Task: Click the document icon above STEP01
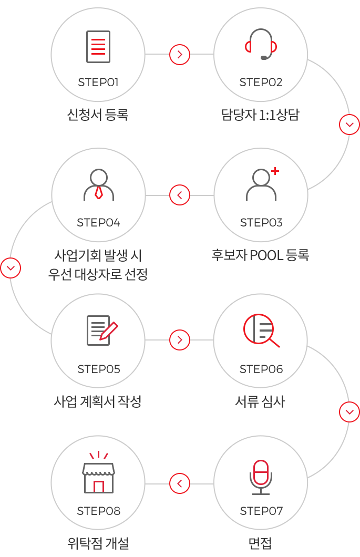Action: click(98, 47)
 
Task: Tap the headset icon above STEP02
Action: click(261, 44)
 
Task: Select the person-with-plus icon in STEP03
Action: click(262, 184)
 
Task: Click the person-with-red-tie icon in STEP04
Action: click(99, 184)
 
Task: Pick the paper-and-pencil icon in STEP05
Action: click(102, 331)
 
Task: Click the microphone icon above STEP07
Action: click(261, 477)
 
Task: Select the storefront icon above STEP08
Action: click(98, 472)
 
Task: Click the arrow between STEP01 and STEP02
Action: click(180, 54)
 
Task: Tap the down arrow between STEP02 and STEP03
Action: click(349, 125)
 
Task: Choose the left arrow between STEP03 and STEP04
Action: click(180, 195)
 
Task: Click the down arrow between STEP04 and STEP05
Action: click(11, 268)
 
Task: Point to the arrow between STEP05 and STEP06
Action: click(180, 340)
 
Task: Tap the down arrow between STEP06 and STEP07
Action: click(349, 412)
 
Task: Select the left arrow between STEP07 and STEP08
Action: click(180, 483)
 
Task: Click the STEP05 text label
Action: click(99, 369)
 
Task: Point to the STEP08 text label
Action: click(99, 511)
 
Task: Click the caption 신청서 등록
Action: click(98, 115)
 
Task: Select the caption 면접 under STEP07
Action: click(260, 543)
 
